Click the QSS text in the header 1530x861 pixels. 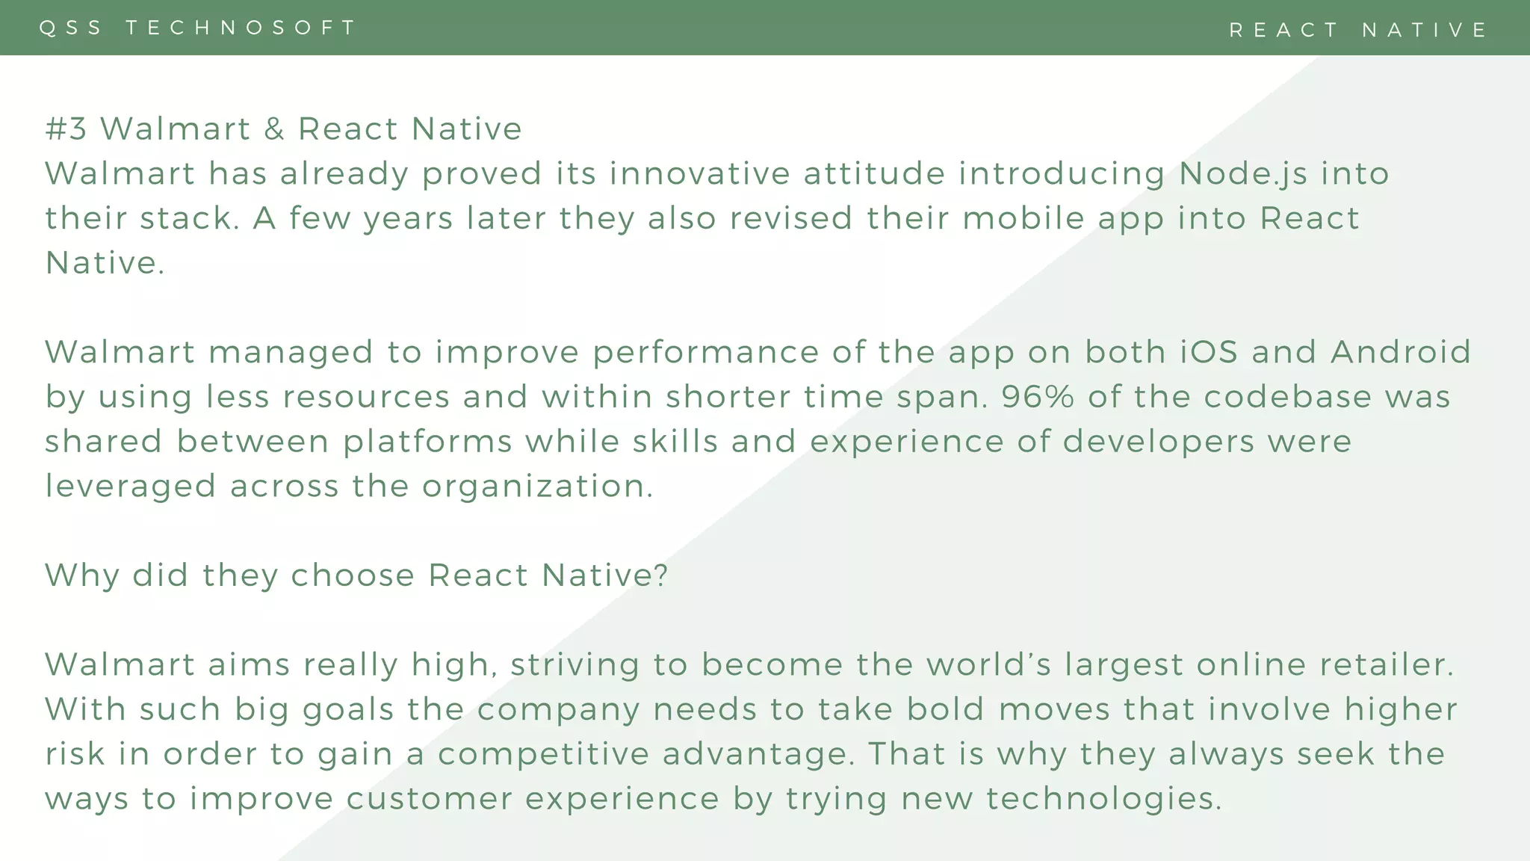pyautogui.click(x=70, y=28)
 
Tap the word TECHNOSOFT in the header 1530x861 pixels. pyautogui.click(x=241, y=28)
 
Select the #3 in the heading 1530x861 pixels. pyautogui.click(x=66, y=129)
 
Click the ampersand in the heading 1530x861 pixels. pyautogui.click(x=274, y=129)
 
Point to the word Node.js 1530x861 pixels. pyautogui.click(x=1243, y=173)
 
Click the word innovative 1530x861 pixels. pyautogui.click(x=699, y=173)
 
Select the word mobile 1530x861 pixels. pyautogui.click(x=1023, y=218)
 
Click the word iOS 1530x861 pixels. pyautogui.click(x=1209, y=352)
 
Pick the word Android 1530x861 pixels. pyautogui.click(x=1401, y=352)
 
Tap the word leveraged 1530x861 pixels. pyautogui.click(x=131, y=487)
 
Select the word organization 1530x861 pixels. pyautogui.click(x=538, y=487)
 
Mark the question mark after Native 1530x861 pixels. pyautogui.click(x=660, y=575)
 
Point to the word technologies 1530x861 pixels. pyautogui.click(x=1103, y=799)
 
